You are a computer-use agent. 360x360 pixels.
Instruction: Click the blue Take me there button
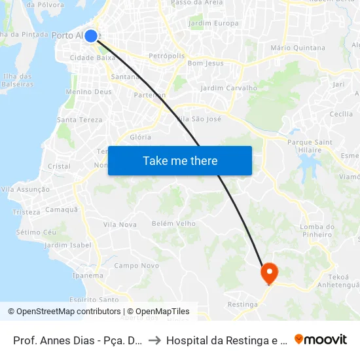(x=180, y=161)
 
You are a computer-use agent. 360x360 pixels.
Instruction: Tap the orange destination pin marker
(x=269, y=272)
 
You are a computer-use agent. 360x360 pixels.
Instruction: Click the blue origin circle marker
(x=91, y=36)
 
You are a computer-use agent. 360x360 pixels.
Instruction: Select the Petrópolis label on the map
(x=167, y=56)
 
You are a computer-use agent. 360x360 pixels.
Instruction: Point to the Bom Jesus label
(x=205, y=63)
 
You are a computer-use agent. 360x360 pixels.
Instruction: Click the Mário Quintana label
(x=297, y=48)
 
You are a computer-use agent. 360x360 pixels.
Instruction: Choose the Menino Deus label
(x=88, y=92)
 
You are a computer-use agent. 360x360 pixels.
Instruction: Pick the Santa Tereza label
(x=80, y=120)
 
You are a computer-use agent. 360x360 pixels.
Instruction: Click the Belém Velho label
(x=173, y=223)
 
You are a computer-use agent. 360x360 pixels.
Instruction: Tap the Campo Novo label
(x=137, y=266)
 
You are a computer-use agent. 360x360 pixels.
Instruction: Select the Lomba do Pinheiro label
(x=317, y=230)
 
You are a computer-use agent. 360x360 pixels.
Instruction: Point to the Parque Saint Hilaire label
(x=310, y=146)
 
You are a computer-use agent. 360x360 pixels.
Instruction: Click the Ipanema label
(x=88, y=276)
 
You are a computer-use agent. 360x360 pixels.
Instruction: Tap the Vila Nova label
(x=119, y=225)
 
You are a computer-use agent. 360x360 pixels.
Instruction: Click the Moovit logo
(x=321, y=339)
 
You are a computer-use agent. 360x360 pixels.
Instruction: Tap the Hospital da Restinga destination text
(x=226, y=340)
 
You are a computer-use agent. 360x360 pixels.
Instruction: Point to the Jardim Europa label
(x=213, y=24)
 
